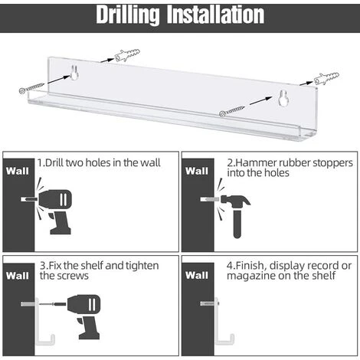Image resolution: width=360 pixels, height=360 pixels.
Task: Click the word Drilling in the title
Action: [128, 15]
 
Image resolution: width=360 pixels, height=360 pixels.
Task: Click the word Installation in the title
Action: [215, 15]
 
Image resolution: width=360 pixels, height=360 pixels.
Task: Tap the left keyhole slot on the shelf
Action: [74, 73]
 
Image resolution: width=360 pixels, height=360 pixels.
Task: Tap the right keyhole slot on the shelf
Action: [283, 98]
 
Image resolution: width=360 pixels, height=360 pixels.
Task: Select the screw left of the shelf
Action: [32, 87]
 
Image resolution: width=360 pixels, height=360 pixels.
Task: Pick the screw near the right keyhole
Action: [232, 111]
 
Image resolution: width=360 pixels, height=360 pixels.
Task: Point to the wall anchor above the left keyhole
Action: [127, 54]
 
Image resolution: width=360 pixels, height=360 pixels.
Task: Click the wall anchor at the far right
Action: [326, 78]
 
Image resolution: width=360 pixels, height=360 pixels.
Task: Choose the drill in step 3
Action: [83, 316]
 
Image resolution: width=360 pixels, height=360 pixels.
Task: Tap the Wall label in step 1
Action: [18, 171]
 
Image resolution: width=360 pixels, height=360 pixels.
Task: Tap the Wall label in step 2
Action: [197, 171]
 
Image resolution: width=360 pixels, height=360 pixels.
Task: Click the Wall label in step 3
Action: [18, 276]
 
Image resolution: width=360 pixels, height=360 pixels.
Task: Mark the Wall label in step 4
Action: [197, 275]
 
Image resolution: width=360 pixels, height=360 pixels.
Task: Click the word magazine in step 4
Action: [251, 276]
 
